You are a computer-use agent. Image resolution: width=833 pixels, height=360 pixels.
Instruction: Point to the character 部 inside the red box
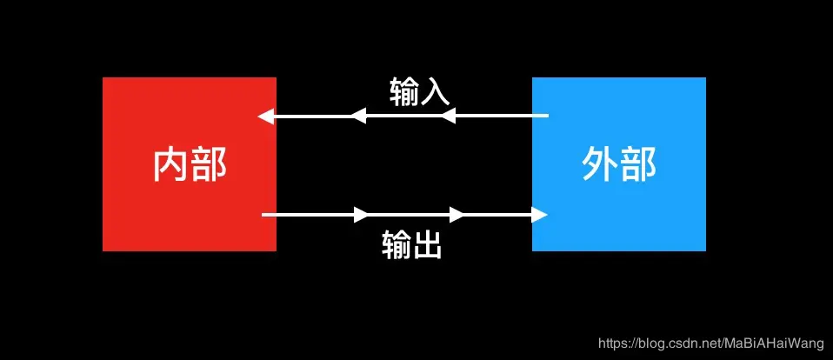(209, 164)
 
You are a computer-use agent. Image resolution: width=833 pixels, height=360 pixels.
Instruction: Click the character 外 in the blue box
(599, 164)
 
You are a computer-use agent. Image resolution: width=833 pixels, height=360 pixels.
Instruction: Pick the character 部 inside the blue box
(638, 164)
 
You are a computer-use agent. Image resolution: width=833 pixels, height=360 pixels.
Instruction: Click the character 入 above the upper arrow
(434, 92)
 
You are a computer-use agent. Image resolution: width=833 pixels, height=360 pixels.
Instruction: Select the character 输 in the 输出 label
(397, 246)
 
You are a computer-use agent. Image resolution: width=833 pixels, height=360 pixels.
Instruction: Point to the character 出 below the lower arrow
(427, 246)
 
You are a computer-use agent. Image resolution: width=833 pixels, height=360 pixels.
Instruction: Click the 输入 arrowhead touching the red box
(265, 116)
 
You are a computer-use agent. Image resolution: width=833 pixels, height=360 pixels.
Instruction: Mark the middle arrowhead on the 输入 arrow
(357, 116)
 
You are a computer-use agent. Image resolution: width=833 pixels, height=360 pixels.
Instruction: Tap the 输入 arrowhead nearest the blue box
(448, 116)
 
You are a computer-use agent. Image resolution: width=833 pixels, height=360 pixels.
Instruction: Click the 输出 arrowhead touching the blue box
(540, 214)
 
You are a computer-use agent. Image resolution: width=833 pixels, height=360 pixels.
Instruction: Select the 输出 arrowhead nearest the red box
(362, 214)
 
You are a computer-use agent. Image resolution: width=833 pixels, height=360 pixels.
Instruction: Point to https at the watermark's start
(614, 344)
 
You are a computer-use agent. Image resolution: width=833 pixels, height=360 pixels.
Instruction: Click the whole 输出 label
(412, 246)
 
